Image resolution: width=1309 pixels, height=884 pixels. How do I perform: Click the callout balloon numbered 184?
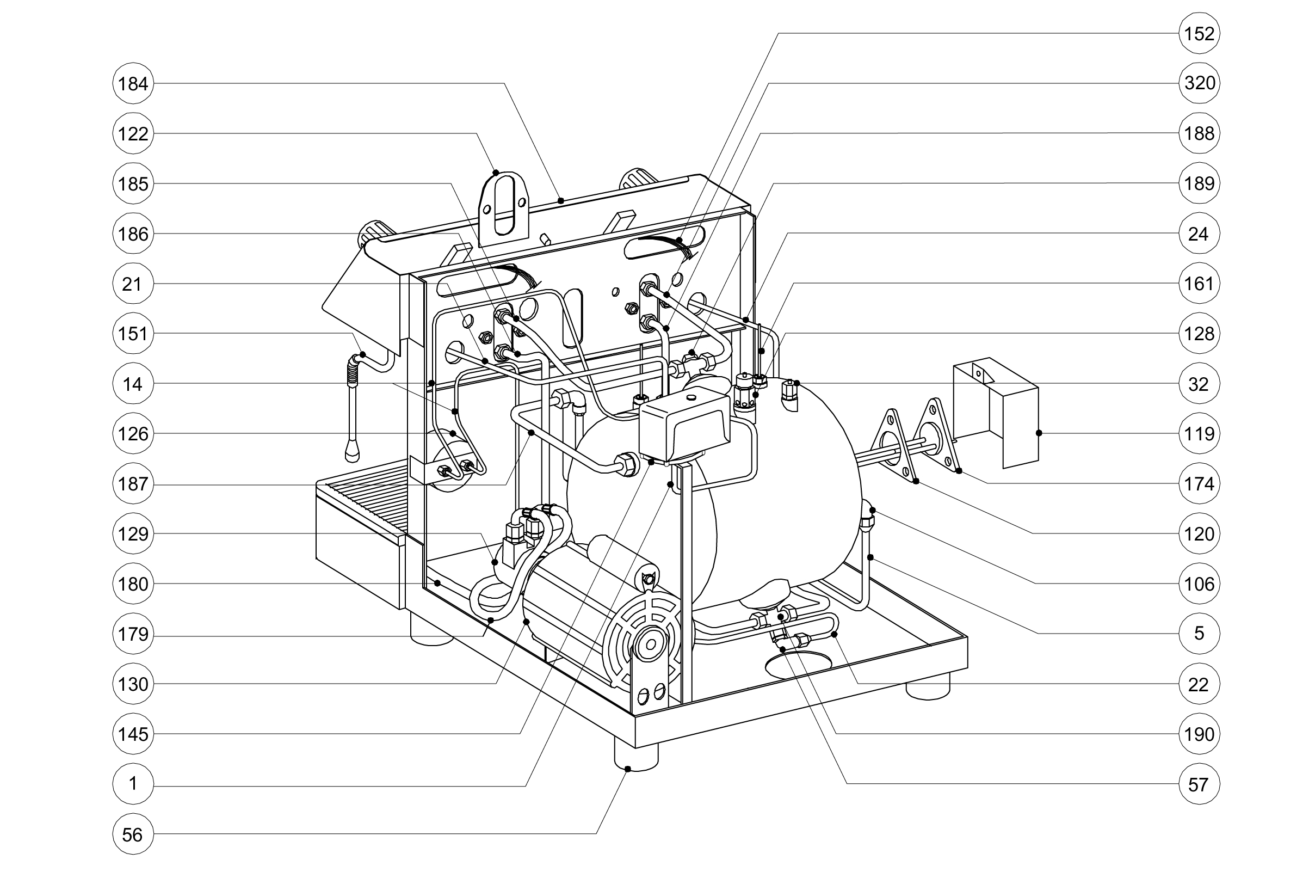(133, 84)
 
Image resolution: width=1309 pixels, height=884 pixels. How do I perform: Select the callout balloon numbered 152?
(1199, 34)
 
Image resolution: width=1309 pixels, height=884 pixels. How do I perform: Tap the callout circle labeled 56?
(133, 834)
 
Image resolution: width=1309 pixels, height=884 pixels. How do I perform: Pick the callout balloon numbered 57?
(1199, 784)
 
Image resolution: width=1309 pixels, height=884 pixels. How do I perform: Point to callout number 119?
(1199, 434)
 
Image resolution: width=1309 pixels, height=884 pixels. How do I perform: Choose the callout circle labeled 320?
(1199, 83)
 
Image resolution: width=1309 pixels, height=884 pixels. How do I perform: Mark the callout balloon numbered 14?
(133, 384)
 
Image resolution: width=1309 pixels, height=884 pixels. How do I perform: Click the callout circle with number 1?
(133, 784)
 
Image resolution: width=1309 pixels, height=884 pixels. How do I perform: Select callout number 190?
(1199, 734)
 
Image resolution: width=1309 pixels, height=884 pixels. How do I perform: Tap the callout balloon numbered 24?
(1199, 234)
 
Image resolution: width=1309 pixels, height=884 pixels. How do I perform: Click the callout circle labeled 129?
(133, 533)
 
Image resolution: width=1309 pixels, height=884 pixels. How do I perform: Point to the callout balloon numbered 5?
(1199, 634)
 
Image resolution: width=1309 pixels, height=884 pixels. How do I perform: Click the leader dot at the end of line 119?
(1039, 433)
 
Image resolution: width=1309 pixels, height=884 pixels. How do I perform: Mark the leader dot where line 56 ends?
(628, 769)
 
